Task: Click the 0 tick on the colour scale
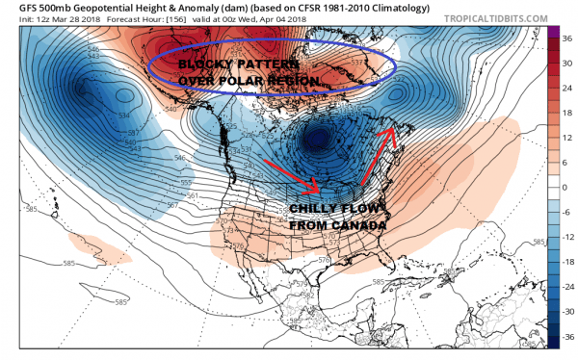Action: point(564,188)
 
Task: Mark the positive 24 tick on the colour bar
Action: point(564,86)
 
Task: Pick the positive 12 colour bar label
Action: point(564,137)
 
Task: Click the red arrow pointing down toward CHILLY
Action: point(314,177)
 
